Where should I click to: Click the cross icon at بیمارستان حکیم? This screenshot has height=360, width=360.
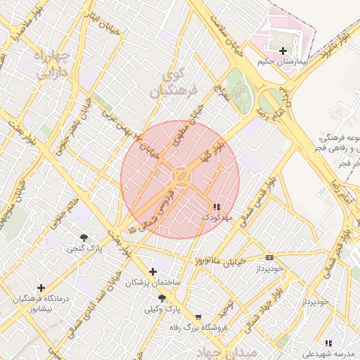[x=283, y=51]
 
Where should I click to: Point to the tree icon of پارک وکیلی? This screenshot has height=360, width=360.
[x=162, y=298]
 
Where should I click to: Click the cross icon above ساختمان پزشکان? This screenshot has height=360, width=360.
[x=153, y=271]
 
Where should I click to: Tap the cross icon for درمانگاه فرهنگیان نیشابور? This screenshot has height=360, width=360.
[x=41, y=288]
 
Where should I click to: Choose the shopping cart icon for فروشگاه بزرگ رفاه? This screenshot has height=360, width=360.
[x=198, y=317]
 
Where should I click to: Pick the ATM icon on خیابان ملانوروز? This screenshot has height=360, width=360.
[x=269, y=258]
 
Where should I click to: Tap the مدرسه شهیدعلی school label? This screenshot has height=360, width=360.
[x=328, y=352]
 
